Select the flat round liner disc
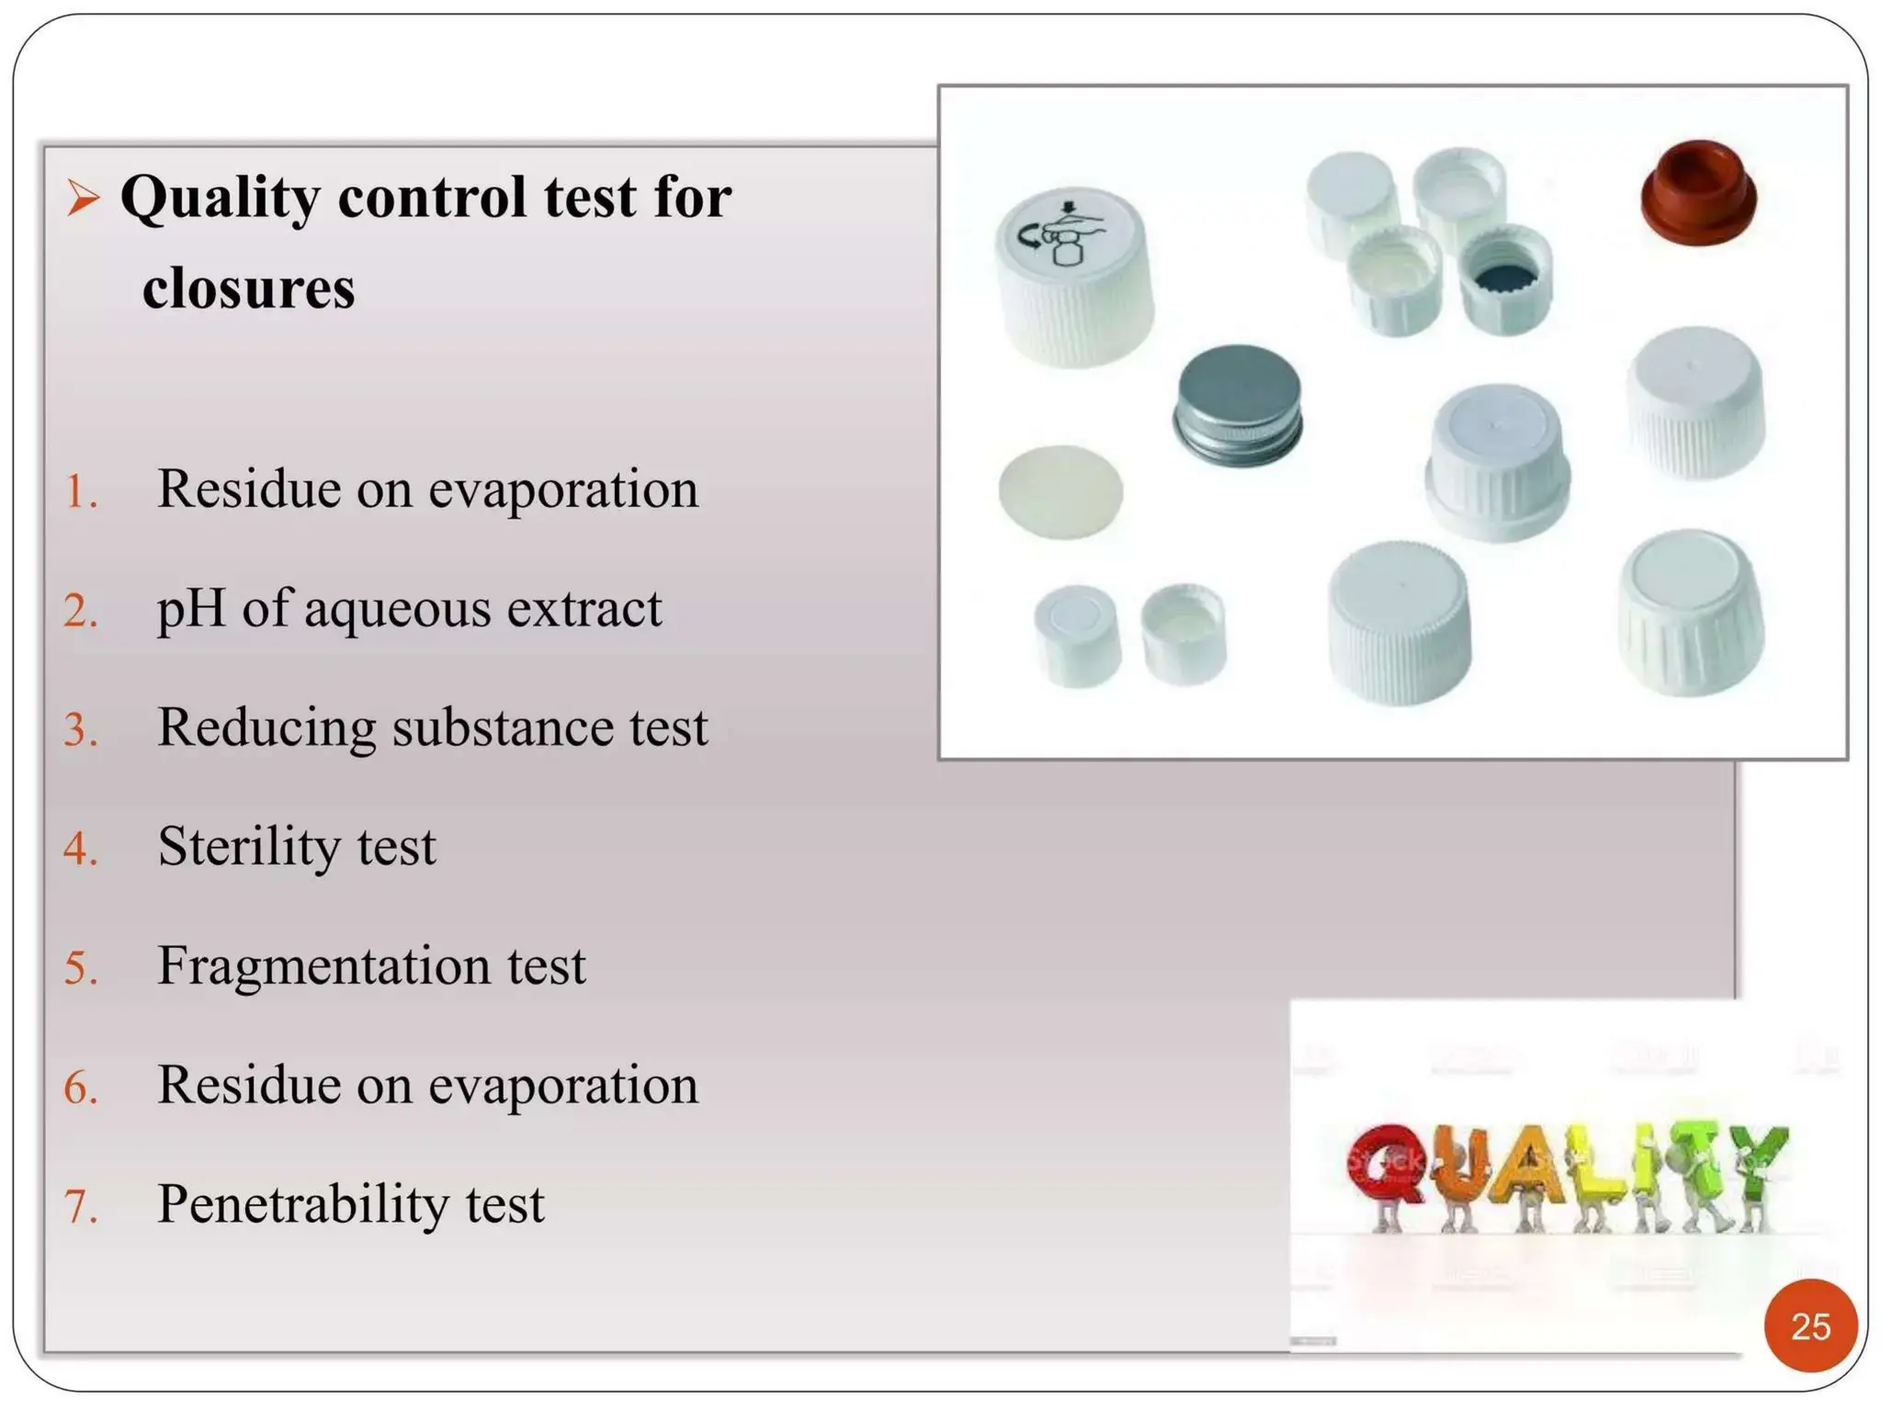1060,491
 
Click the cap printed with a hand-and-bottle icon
1073,276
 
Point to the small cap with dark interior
1505,279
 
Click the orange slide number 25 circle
1809,1326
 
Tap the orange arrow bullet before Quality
83,198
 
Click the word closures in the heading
248,288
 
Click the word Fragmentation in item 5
324,965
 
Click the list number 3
81,730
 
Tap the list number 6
81,1088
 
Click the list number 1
81,491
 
